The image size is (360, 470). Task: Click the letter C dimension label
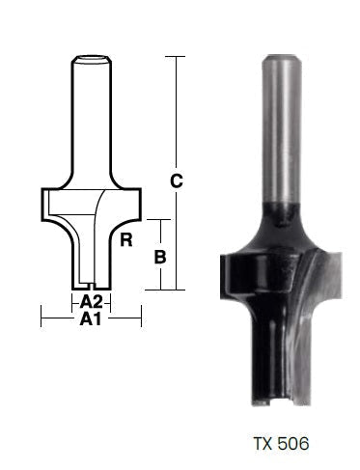(176, 180)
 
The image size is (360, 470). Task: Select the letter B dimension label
(161, 256)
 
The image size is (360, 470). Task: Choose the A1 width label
(91, 318)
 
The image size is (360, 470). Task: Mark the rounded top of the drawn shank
(91, 61)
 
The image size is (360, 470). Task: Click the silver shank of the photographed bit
(280, 125)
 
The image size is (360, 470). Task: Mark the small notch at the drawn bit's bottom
(91, 287)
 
